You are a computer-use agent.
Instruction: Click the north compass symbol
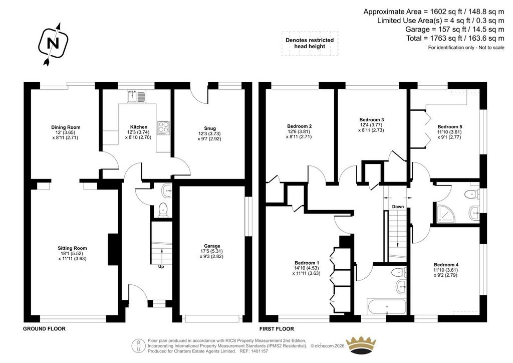(53, 44)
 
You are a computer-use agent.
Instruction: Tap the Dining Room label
(66, 127)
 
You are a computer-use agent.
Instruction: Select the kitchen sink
(137, 96)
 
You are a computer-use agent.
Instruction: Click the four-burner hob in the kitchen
(163, 128)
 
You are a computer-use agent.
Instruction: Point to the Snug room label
(210, 128)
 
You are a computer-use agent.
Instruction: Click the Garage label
(212, 246)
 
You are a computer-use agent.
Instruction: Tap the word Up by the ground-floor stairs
(161, 266)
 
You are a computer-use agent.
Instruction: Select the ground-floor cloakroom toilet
(163, 210)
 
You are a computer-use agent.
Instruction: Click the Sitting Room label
(72, 248)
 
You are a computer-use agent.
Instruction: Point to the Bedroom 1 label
(307, 263)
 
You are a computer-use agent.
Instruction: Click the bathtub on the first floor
(386, 306)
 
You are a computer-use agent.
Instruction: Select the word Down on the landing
(398, 207)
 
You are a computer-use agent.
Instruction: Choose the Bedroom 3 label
(371, 119)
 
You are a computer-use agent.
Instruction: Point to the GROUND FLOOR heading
(44, 328)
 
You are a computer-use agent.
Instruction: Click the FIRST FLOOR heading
(277, 328)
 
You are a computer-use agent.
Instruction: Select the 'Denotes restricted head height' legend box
(310, 43)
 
